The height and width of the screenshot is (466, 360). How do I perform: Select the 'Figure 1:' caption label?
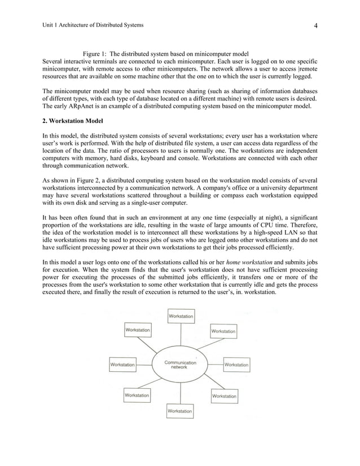click(x=94, y=54)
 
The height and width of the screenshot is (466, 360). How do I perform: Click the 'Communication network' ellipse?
click(x=179, y=364)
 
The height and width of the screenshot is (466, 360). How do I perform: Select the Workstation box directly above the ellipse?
click(x=180, y=316)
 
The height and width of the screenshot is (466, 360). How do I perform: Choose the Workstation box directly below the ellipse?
click(x=179, y=412)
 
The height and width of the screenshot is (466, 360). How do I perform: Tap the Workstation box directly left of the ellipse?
click(x=122, y=364)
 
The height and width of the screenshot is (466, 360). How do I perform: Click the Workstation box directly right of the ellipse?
click(x=236, y=364)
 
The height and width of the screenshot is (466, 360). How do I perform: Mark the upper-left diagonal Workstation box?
click(x=137, y=329)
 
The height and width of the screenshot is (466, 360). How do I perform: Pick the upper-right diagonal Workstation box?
click(x=223, y=331)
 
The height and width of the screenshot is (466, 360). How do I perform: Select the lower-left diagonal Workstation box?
click(x=137, y=395)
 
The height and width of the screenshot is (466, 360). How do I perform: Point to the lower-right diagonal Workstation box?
click(x=223, y=396)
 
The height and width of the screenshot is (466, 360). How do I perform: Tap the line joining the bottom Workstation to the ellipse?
click(x=179, y=392)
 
